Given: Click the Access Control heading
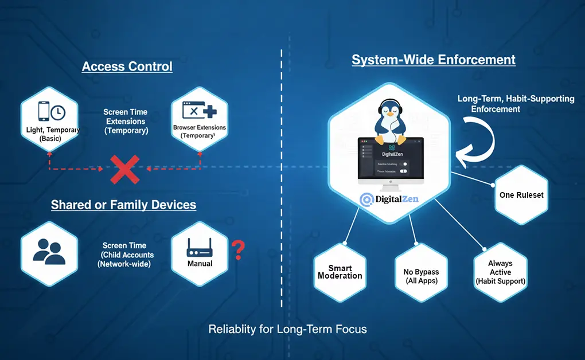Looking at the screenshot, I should [127, 66].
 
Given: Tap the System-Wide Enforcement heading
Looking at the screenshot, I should [433, 60].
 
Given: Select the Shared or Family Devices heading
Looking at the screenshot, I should [123, 205].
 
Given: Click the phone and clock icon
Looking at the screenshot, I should [51, 111].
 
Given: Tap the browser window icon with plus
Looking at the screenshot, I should [198, 110].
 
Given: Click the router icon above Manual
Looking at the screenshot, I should [200, 248].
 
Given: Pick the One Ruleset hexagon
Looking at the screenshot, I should [521, 195].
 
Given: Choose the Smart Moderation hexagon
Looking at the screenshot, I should [340, 272].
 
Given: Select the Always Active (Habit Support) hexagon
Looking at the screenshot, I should [500, 272].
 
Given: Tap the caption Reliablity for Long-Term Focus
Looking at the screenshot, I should [287, 329].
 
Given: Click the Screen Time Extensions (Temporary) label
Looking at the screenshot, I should [126, 121].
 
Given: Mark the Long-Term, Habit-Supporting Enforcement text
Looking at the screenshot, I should [515, 103].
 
